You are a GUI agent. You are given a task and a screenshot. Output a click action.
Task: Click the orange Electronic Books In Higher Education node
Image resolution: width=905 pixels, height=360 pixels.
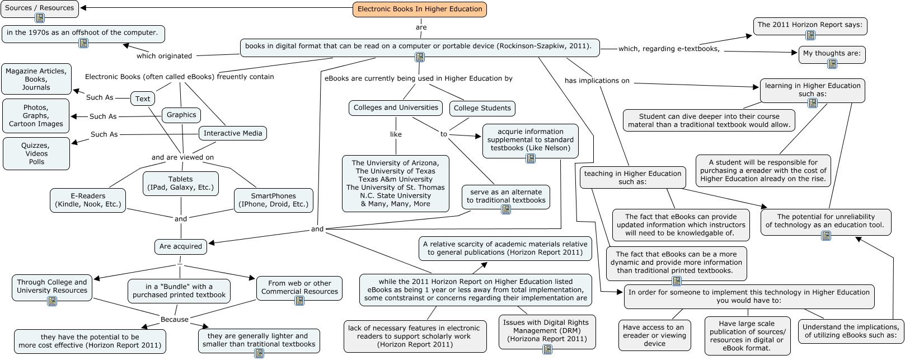[x=419, y=10]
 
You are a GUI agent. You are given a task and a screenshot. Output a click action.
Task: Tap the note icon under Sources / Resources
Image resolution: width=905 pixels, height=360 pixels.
[x=40, y=18]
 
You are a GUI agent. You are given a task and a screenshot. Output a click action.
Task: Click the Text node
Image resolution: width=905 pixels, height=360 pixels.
[x=143, y=99]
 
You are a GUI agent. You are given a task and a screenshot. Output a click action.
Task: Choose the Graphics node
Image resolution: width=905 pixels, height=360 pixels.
[x=181, y=115]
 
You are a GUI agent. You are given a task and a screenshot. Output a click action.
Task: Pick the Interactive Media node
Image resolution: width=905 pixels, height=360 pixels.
[x=233, y=133]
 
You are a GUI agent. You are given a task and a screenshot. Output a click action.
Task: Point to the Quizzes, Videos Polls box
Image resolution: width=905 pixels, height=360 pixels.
[x=36, y=153]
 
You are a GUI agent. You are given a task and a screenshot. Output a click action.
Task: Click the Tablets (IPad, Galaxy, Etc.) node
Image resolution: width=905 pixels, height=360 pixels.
[x=181, y=184]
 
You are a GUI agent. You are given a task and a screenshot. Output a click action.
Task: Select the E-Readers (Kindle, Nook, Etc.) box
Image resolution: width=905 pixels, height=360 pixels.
[x=88, y=200]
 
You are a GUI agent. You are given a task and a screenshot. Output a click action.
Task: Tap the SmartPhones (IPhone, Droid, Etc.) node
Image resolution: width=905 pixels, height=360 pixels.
[x=274, y=200]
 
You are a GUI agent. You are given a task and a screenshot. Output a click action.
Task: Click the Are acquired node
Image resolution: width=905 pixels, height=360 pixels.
[x=181, y=246]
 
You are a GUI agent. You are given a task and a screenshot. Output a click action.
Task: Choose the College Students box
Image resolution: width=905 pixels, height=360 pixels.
[x=482, y=108]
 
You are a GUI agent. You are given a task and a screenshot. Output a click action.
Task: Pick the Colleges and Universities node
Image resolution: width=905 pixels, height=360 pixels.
[x=396, y=108]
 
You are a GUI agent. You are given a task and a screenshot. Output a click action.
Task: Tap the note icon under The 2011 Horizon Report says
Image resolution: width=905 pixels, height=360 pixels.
[x=810, y=35]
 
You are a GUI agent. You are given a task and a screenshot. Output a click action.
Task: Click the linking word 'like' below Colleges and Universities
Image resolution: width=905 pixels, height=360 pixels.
[x=396, y=134]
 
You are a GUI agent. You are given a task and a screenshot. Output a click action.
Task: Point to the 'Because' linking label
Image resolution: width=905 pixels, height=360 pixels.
[x=175, y=319]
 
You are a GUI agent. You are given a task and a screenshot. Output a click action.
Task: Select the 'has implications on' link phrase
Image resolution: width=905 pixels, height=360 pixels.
[x=597, y=81]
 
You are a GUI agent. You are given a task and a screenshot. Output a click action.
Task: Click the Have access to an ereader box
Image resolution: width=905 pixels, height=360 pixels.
[x=654, y=335]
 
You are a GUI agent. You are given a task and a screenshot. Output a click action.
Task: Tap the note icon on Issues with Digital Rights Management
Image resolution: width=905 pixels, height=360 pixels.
[x=547, y=349]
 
